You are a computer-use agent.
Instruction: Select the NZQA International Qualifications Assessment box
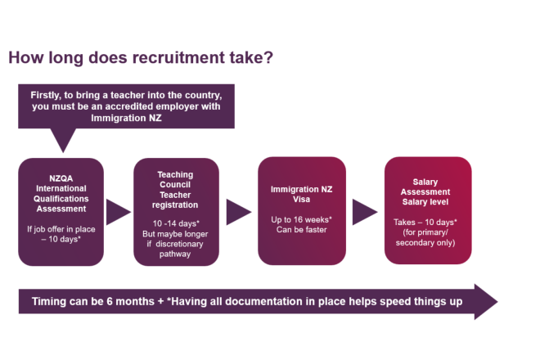coord(61,211)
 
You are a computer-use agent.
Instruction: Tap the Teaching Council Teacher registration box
coord(177,211)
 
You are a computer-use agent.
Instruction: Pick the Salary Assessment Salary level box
coord(428,211)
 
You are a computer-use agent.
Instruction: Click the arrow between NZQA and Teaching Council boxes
coord(118,212)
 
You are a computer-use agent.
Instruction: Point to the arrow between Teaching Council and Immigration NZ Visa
coord(238,212)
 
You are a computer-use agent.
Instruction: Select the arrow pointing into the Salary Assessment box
coord(364,212)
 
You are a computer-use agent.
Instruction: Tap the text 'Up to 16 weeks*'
coord(299,219)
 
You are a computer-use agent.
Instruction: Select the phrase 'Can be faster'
coord(299,230)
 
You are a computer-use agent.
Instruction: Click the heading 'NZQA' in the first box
coord(61,176)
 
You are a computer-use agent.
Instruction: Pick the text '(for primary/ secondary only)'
coord(428,238)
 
